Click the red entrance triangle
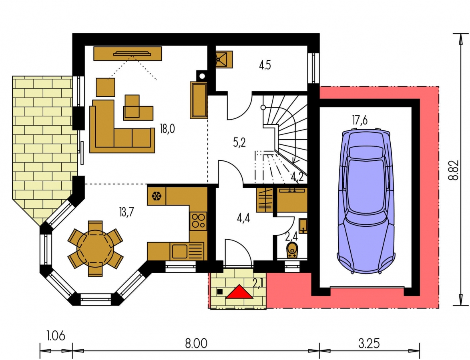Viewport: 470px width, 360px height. pyautogui.click(x=239, y=292)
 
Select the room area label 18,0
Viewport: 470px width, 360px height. pyautogui.click(x=168, y=129)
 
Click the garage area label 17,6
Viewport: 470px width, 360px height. pyautogui.click(x=360, y=120)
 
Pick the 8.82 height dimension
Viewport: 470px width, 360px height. pyautogui.click(x=454, y=170)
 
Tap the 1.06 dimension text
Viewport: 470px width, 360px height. pyautogui.click(x=56, y=336)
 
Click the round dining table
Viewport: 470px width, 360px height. pyautogui.click(x=95, y=248)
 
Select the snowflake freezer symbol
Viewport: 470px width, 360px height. pyautogui.click(x=157, y=196)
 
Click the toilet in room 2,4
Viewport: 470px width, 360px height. pyautogui.click(x=292, y=250)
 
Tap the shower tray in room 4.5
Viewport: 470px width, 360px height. pyautogui.click(x=224, y=59)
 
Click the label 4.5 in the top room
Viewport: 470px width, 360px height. pyautogui.click(x=265, y=65)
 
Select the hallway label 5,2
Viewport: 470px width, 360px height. pyautogui.click(x=239, y=142)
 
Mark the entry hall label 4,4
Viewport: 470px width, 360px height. pyautogui.click(x=243, y=218)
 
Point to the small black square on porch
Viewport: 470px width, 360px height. pyautogui.click(x=220, y=292)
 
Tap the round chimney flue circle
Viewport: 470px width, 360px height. pyautogui.click(x=202, y=76)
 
